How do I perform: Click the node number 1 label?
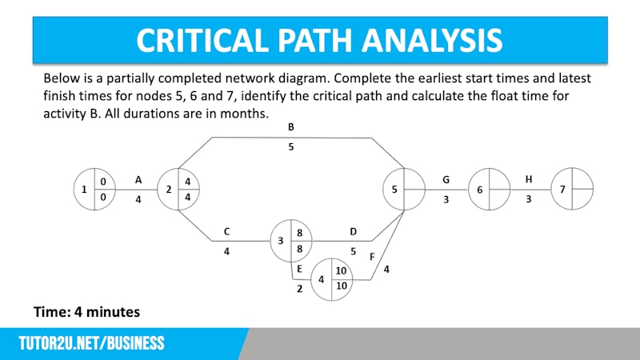coord(84,190)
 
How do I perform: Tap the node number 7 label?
coord(562,190)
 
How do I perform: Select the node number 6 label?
coord(479,190)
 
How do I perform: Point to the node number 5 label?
coord(394,190)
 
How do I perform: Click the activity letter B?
coord(291,127)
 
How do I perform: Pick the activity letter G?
coord(446,179)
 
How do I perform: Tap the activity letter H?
coord(529,179)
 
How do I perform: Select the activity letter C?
coord(227,231)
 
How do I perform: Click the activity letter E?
coord(299,269)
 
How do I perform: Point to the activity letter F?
coord(372,257)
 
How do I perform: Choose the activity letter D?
coord(353,232)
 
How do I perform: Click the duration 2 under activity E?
coord(299,289)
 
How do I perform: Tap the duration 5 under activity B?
coord(291,147)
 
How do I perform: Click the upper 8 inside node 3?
coord(299,233)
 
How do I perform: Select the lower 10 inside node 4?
coord(342,286)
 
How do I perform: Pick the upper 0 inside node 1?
coord(103,182)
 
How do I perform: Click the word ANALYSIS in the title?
coord(432,41)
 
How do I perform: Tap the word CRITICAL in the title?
coord(202,41)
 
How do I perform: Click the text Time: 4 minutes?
coord(87,312)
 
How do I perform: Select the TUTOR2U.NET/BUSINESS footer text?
coord(92,343)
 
